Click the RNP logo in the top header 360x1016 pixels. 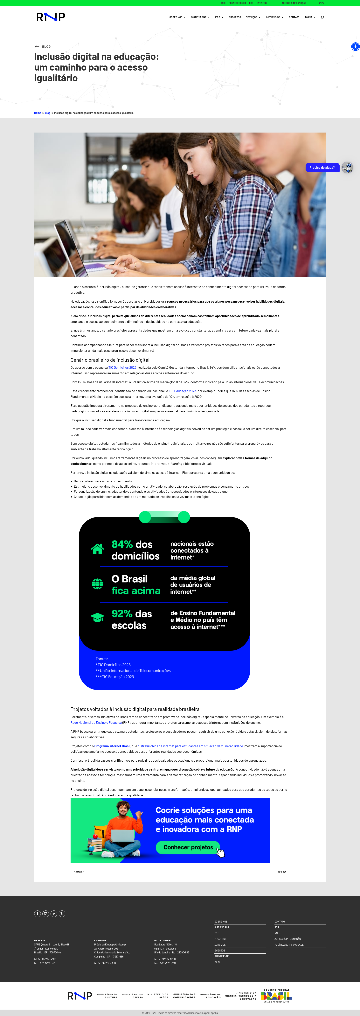pyautogui.click(x=51, y=17)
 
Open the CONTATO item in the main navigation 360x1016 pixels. pyautogui.click(x=294, y=17)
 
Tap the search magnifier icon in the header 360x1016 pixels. pyautogui.click(x=322, y=17)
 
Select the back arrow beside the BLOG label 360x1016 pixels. pyautogui.click(x=37, y=46)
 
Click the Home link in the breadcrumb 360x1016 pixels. pyautogui.click(x=38, y=113)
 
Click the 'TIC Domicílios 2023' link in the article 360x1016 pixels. pyautogui.click(x=122, y=367)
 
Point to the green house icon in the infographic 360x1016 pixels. pyautogui.click(x=97, y=549)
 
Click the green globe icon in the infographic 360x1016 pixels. pyautogui.click(x=97, y=584)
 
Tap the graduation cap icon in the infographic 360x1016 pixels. pyautogui.click(x=97, y=618)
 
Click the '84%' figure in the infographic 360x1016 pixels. pyautogui.click(x=122, y=544)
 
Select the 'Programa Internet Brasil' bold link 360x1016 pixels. pyautogui.click(x=112, y=746)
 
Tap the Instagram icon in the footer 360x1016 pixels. pyautogui.click(x=46, y=914)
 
